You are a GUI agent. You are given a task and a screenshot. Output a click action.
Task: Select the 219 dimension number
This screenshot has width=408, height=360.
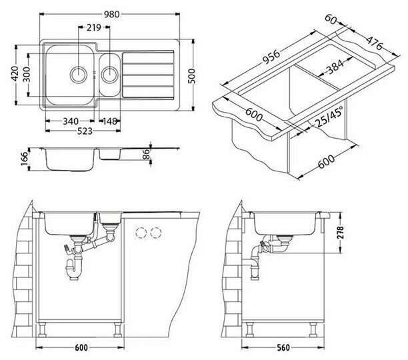coord(93,27)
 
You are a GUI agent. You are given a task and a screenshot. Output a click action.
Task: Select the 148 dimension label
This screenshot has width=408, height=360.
coord(110,121)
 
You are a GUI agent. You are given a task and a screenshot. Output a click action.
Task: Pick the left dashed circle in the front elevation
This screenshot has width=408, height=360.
coord(141,233)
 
